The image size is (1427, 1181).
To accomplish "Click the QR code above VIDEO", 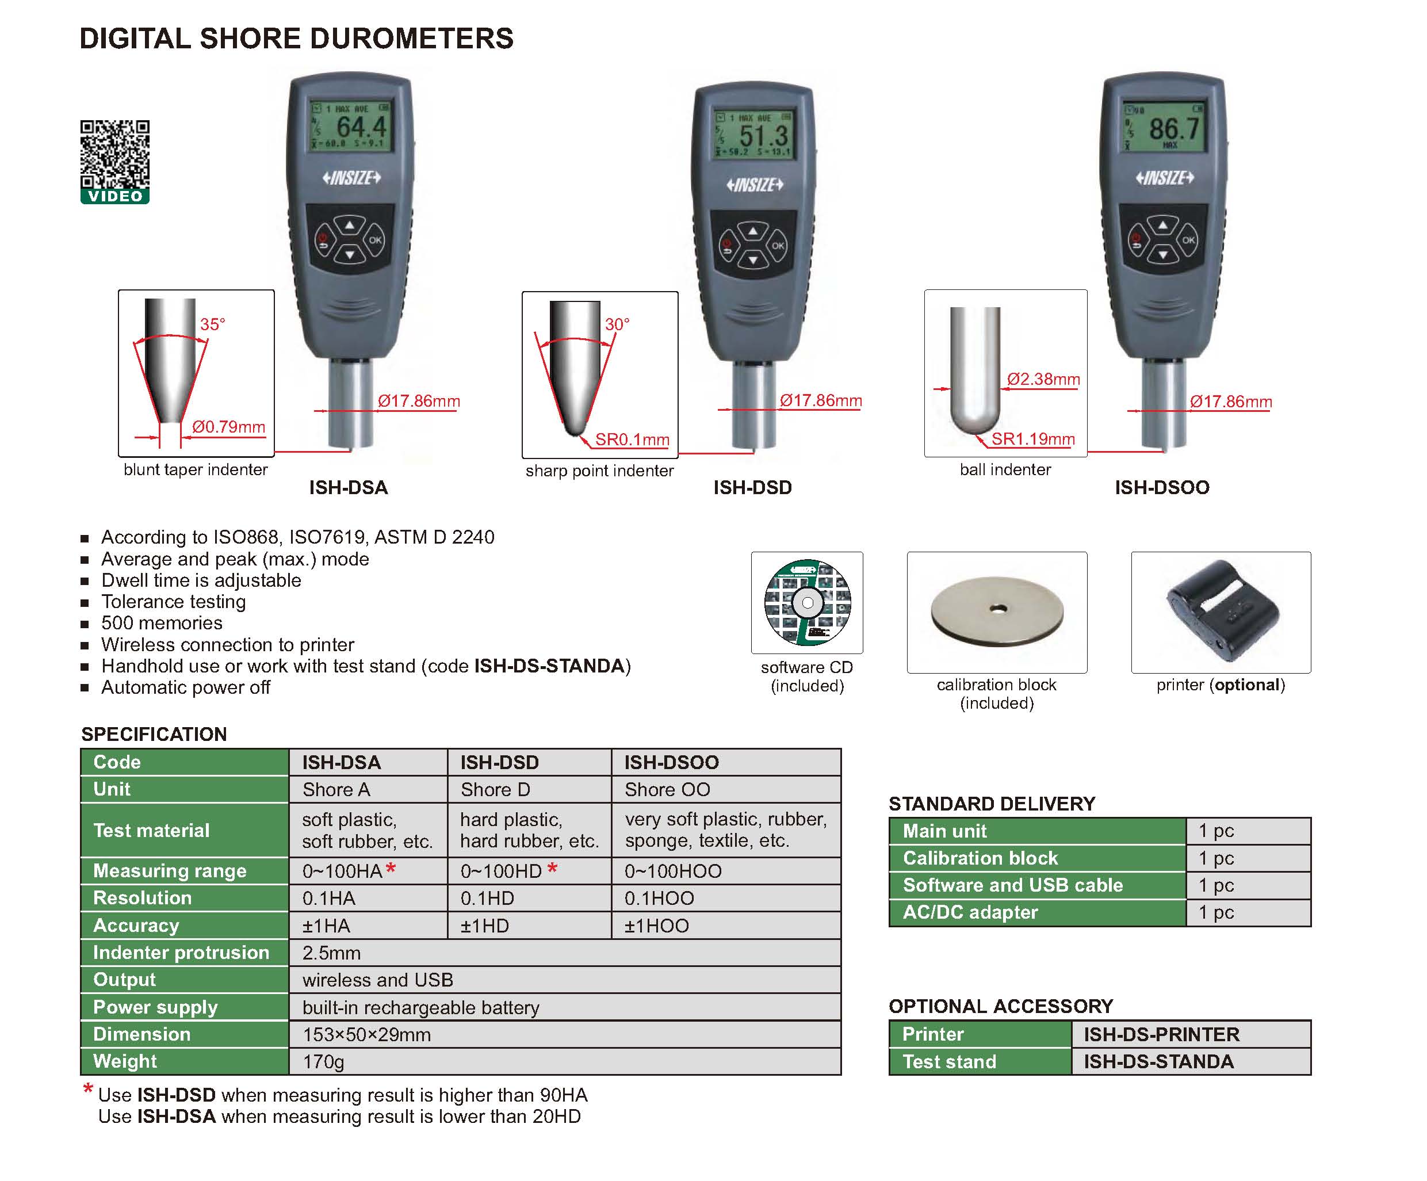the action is click(115, 154).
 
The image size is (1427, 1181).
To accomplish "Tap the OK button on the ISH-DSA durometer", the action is click(374, 240).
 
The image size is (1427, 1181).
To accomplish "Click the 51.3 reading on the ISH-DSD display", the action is click(763, 135).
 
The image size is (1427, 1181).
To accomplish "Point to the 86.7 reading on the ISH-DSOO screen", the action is click(1173, 128).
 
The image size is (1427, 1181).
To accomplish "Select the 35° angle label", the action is click(212, 324).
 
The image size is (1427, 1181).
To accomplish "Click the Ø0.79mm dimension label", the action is click(228, 427).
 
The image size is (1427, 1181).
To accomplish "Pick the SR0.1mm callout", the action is click(632, 439).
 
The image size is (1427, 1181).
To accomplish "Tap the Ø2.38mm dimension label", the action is click(1043, 379).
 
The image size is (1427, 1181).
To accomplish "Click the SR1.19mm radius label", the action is click(1033, 439).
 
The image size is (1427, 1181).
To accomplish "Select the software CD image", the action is click(808, 602).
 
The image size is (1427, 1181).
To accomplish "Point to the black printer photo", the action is click(1221, 611).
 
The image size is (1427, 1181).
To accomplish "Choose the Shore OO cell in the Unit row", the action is click(667, 790).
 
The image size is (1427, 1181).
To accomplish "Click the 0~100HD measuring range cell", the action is click(501, 871).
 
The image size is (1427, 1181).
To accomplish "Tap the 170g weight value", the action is click(323, 1061).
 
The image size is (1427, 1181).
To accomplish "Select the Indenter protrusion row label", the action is click(181, 953).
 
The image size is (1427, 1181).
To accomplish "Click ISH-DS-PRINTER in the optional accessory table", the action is click(1161, 1034).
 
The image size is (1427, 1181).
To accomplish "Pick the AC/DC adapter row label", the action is click(970, 912).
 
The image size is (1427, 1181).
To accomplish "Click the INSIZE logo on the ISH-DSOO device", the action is click(1165, 178).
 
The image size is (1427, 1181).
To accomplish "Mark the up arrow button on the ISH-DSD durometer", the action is click(753, 232).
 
